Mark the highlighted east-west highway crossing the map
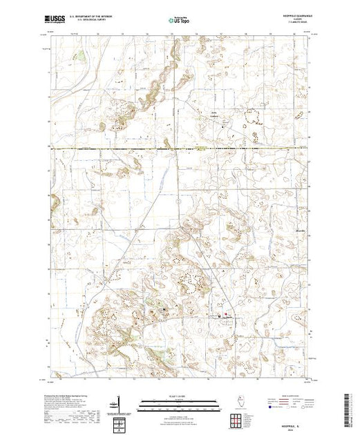pyautogui.click(x=173, y=148)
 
